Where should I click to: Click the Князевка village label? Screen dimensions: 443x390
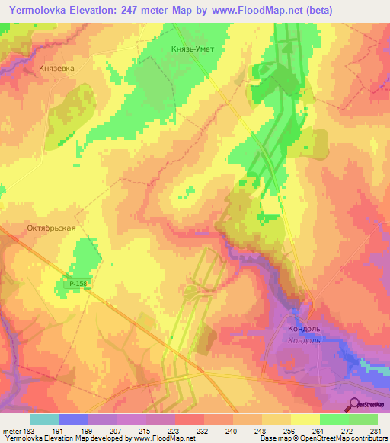pos(56,68)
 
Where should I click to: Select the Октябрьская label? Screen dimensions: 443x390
pos(53,228)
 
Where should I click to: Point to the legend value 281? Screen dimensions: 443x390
pos(375,430)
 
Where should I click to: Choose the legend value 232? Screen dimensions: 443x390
pos(204,430)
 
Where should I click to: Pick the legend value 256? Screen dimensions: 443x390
pos(290,430)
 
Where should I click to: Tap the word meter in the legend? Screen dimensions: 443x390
pos(11,430)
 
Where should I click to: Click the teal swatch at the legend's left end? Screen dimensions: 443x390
pos(45,419)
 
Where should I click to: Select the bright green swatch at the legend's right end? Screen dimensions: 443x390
pos(363,419)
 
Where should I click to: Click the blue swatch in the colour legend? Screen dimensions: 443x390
pos(74,419)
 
